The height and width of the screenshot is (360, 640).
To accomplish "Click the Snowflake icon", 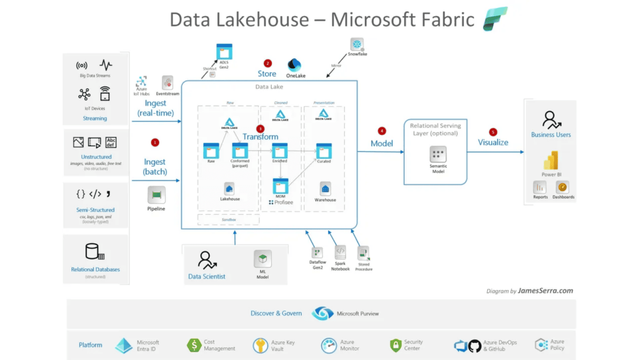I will pos(357,44).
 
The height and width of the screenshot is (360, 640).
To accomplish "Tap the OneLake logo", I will pos(295,65).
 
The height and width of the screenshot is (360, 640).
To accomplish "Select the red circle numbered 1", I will pos(155,142).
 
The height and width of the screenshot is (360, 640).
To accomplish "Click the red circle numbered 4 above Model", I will pos(382,131).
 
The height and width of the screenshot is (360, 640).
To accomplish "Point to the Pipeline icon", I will pos(156,195).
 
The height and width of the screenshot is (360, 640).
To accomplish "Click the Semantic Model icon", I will pos(438,154).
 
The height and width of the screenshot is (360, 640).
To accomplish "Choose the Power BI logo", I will pos(551,161).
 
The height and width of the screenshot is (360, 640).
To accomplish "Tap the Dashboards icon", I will pos(562,187).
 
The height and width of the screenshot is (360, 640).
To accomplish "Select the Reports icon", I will pos(540,187).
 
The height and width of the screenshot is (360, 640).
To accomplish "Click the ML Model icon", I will pos(262,259).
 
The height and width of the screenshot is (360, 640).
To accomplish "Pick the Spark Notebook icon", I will pos(340,252).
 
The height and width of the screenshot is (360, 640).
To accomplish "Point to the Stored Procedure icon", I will pos(363,253).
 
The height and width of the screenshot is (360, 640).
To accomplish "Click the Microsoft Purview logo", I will pos(322,313).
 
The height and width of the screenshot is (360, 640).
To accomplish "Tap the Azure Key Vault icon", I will pos(260,345).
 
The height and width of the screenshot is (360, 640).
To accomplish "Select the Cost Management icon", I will pos(194,345).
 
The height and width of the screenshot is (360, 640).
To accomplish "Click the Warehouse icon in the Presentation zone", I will pos(325,189).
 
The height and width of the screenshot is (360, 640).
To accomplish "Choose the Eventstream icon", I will pos(167,82).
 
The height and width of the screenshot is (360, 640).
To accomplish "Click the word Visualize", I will pos(493,142).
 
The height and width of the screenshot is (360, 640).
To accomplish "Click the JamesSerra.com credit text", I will pos(545,291).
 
